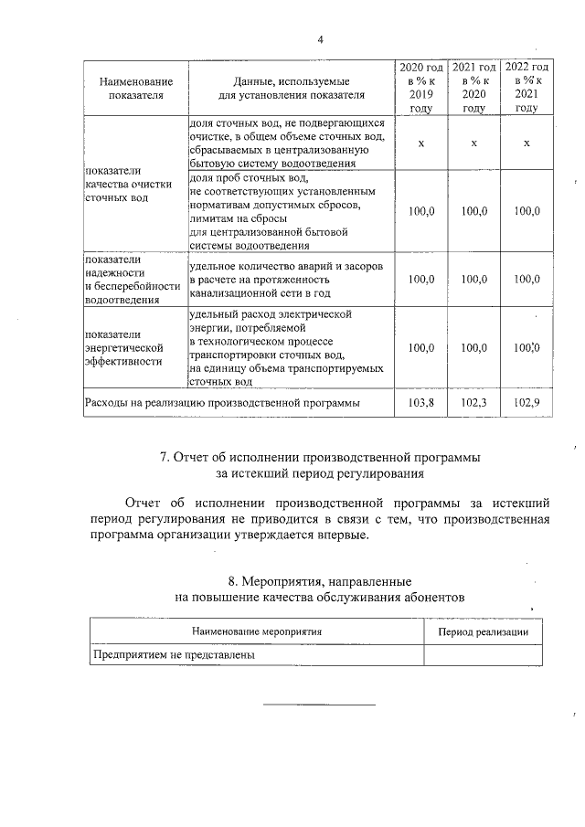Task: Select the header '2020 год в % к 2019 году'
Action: click(x=420, y=88)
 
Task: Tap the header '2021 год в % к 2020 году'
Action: click(x=473, y=88)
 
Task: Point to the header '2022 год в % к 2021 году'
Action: click(x=526, y=88)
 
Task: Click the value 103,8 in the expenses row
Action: click(x=420, y=402)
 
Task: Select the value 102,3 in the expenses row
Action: click(x=473, y=402)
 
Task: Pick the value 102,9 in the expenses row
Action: click(x=526, y=402)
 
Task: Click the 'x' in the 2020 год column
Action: click(x=420, y=143)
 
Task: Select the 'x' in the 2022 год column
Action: click(x=526, y=143)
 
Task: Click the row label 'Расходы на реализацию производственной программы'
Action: click(x=221, y=402)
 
